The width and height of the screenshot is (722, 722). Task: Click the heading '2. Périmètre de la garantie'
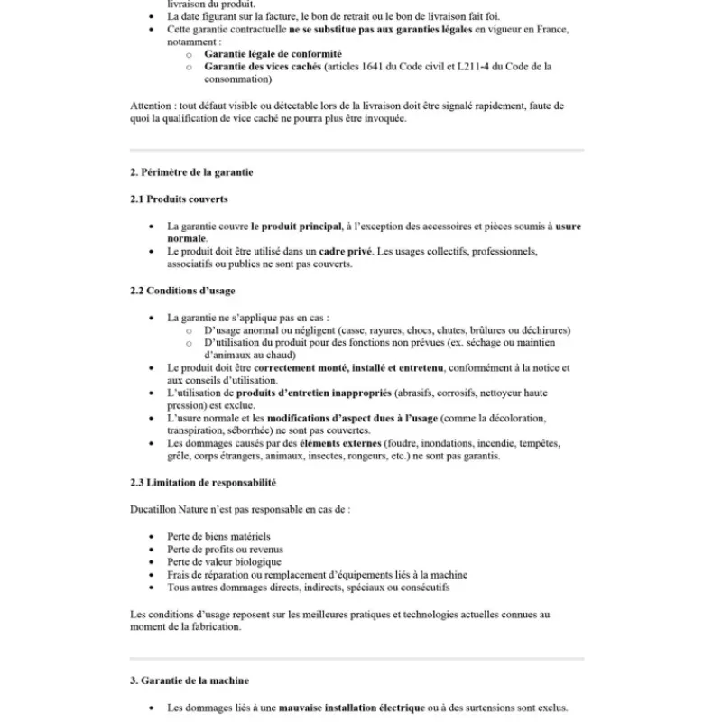point(191,171)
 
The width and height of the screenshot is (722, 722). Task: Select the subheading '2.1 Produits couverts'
point(179,199)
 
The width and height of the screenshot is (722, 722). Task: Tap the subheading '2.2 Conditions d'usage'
point(183,291)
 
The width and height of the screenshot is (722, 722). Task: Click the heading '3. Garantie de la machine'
point(190,680)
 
